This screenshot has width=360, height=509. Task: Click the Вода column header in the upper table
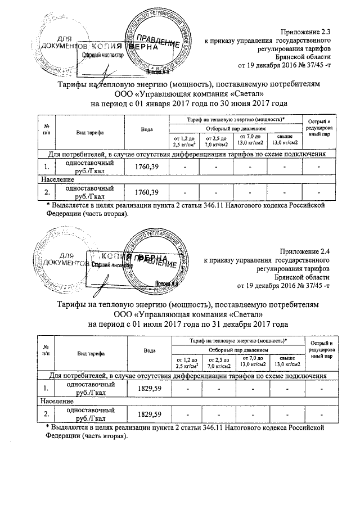point(147,130)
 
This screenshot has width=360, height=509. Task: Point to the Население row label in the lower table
point(56,402)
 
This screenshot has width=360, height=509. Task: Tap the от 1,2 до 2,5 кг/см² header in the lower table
point(186,362)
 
